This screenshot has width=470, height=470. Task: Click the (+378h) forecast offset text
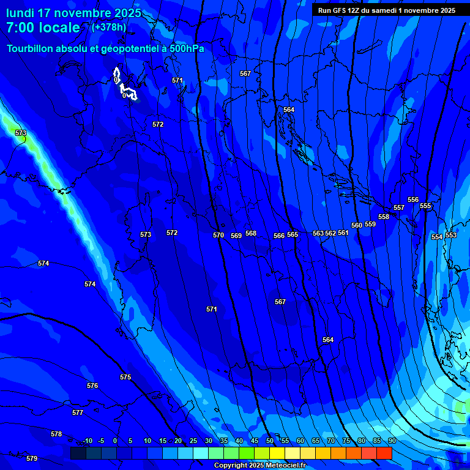coord(108,28)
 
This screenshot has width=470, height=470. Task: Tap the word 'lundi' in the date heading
coord(21,13)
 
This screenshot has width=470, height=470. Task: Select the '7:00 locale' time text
coord(43,28)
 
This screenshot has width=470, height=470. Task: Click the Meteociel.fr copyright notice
coord(259,466)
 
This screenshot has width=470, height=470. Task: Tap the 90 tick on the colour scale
coord(392,441)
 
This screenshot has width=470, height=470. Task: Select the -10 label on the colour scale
coord(87,441)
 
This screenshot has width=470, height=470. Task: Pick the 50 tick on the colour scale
coord(269,441)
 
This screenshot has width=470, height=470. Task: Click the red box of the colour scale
coord(384,453)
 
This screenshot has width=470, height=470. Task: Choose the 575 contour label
coord(125,378)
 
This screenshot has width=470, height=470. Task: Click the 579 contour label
coord(32,458)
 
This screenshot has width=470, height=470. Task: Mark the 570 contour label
coord(218,235)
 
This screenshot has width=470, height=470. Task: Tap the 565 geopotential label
coord(293,235)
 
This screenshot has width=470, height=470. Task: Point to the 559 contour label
coord(370,225)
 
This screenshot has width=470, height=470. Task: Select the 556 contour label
coord(413,200)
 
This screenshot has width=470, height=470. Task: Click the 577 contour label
coord(78,413)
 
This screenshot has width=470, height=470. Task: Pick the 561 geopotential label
coord(343,233)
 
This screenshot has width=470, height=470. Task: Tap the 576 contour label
coord(92,386)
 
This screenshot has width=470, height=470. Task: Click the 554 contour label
coord(437,237)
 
